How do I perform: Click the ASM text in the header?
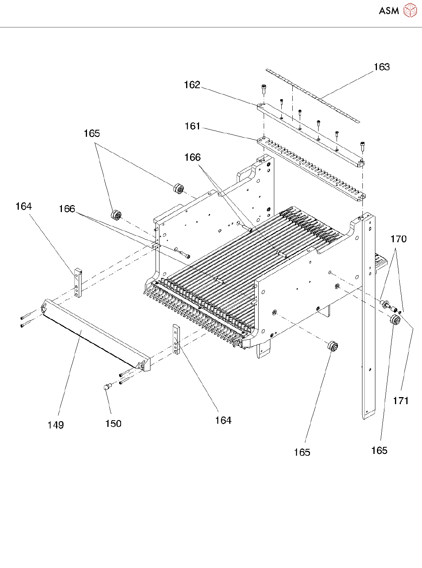389,11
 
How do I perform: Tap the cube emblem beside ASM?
410,10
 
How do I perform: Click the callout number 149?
56,425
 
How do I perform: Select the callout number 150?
113,423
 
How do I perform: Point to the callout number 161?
192,126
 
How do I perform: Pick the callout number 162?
192,85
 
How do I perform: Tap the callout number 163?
382,67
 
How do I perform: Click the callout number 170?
398,239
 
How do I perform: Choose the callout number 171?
401,400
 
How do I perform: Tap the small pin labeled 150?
106,387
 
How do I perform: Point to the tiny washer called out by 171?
399,312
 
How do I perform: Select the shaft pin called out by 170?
386,303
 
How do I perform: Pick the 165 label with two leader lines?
92,133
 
